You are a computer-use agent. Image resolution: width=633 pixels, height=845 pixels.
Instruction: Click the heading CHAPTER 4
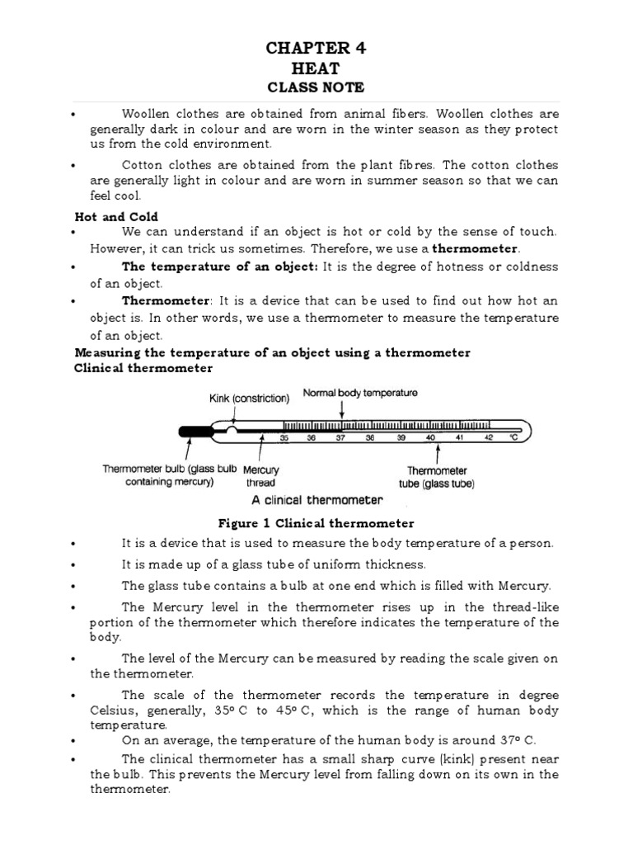(316, 49)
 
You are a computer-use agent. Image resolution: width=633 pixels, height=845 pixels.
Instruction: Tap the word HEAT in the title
(316, 68)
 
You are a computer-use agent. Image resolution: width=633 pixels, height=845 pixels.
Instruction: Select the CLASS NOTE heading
(316, 87)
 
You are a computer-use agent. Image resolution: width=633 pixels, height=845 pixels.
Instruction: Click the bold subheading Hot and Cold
(105, 215)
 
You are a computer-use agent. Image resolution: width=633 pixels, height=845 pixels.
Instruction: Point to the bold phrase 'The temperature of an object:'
(219, 267)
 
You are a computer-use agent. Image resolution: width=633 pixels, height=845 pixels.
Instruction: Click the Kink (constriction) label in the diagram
(248, 399)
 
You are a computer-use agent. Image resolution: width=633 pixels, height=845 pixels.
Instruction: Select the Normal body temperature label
(360, 393)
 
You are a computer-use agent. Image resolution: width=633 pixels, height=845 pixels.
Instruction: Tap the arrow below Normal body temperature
(341, 410)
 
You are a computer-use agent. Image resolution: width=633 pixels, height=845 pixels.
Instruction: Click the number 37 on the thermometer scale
(340, 438)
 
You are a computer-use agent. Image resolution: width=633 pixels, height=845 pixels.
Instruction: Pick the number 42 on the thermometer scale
(489, 438)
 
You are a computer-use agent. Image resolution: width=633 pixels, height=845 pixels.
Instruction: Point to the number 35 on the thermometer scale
(284, 438)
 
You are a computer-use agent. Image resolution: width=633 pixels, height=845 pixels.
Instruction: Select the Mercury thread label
(260, 475)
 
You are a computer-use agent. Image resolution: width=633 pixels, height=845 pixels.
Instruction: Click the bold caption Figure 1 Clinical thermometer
(316, 523)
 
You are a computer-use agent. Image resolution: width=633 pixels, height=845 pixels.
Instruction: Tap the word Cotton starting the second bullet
(141, 164)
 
